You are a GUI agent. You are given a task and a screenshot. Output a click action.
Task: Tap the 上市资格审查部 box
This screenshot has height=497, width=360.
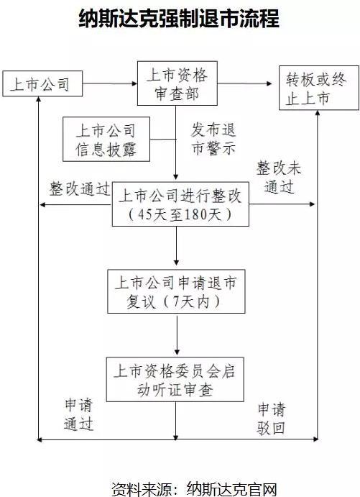pos(175,84)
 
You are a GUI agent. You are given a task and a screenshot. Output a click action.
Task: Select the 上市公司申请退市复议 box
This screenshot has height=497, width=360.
pos(176,291)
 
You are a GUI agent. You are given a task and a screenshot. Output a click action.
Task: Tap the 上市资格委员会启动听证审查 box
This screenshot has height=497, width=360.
pos(176,380)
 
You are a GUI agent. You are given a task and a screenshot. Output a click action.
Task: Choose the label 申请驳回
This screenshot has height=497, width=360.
pos(272,419)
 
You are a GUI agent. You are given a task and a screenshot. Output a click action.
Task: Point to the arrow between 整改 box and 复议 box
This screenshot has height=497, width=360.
pos(176,248)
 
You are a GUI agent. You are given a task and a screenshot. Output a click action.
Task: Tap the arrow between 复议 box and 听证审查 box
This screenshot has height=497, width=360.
pos(176,335)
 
